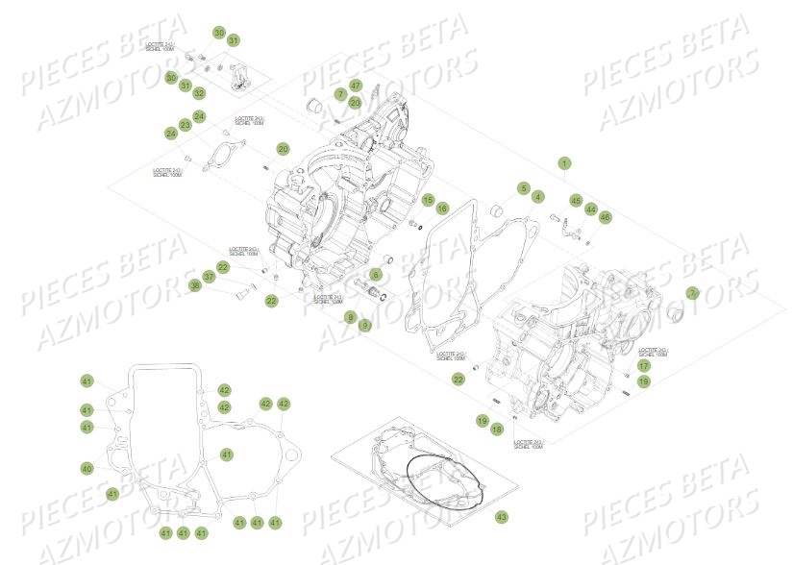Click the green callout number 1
(x=564, y=162)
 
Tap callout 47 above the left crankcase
(x=355, y=86)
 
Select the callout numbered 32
(x=199, y=93)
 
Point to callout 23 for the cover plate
(x=185, y=126)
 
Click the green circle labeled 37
(x=210, y=277)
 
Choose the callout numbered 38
(x=195, y=285)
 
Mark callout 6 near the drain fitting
(x=376, y=275)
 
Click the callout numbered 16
(x=442, y=208)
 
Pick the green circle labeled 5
(x=524, y=187)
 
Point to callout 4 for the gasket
(x=538, y=197)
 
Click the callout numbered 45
(x=576, y=201)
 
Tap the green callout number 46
(x=605, y=218)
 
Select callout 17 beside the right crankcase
(x=644, y=365)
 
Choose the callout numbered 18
(x=497, y=430)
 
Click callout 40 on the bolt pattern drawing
(x=87, y=468)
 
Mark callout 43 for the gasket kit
(x=501, y=518)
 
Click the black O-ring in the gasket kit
(x=441, y=480)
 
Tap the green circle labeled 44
(x=591, y=209)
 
